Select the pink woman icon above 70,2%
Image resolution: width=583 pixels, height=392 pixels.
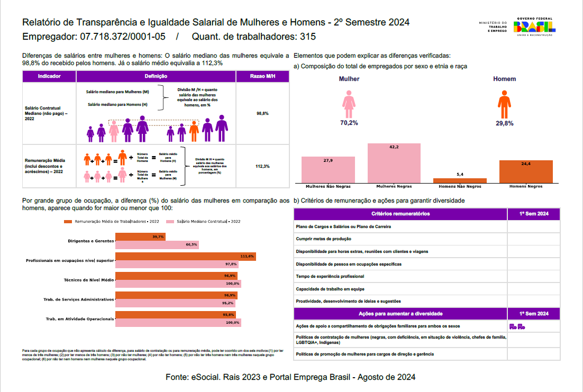pos(349,104)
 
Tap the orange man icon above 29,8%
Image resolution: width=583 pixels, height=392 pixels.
pos(505,104)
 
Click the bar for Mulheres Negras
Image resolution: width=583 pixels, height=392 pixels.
pos(394,163)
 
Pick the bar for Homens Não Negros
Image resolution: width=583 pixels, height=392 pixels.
pos(460,180)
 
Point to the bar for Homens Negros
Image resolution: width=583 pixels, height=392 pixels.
pos(526,171)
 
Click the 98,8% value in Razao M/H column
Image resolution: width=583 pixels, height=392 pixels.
pos(262,113)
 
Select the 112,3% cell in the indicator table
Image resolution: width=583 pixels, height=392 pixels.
pos(262,166)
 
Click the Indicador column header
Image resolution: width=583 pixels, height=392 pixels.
pos(49,77)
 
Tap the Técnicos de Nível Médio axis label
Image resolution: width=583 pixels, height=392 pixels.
pos(88,280)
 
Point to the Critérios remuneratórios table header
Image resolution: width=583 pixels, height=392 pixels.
pos(400,214)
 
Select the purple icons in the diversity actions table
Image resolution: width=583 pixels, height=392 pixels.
pos(516,326)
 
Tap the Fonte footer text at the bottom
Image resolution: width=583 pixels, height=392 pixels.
pos(290,377)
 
